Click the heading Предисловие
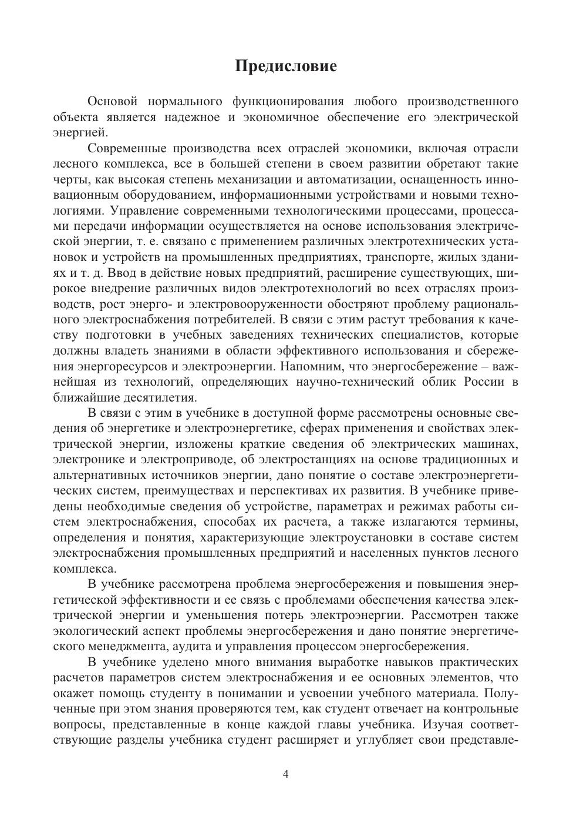(286, 66)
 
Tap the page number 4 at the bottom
(286, 774)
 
